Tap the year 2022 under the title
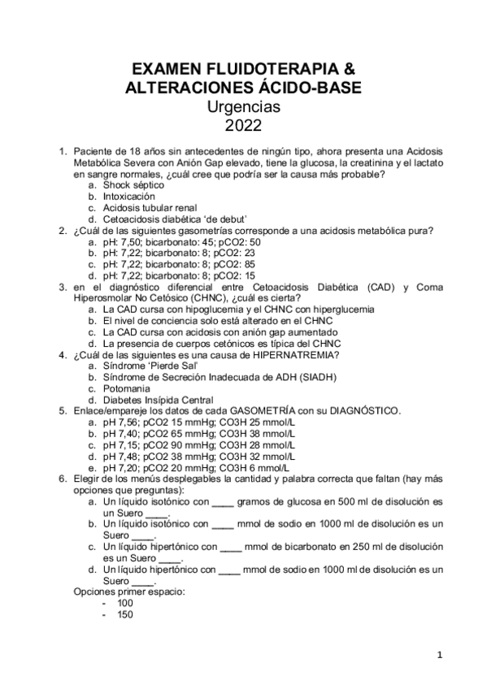[243, 124]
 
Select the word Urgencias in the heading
[243, 106]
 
